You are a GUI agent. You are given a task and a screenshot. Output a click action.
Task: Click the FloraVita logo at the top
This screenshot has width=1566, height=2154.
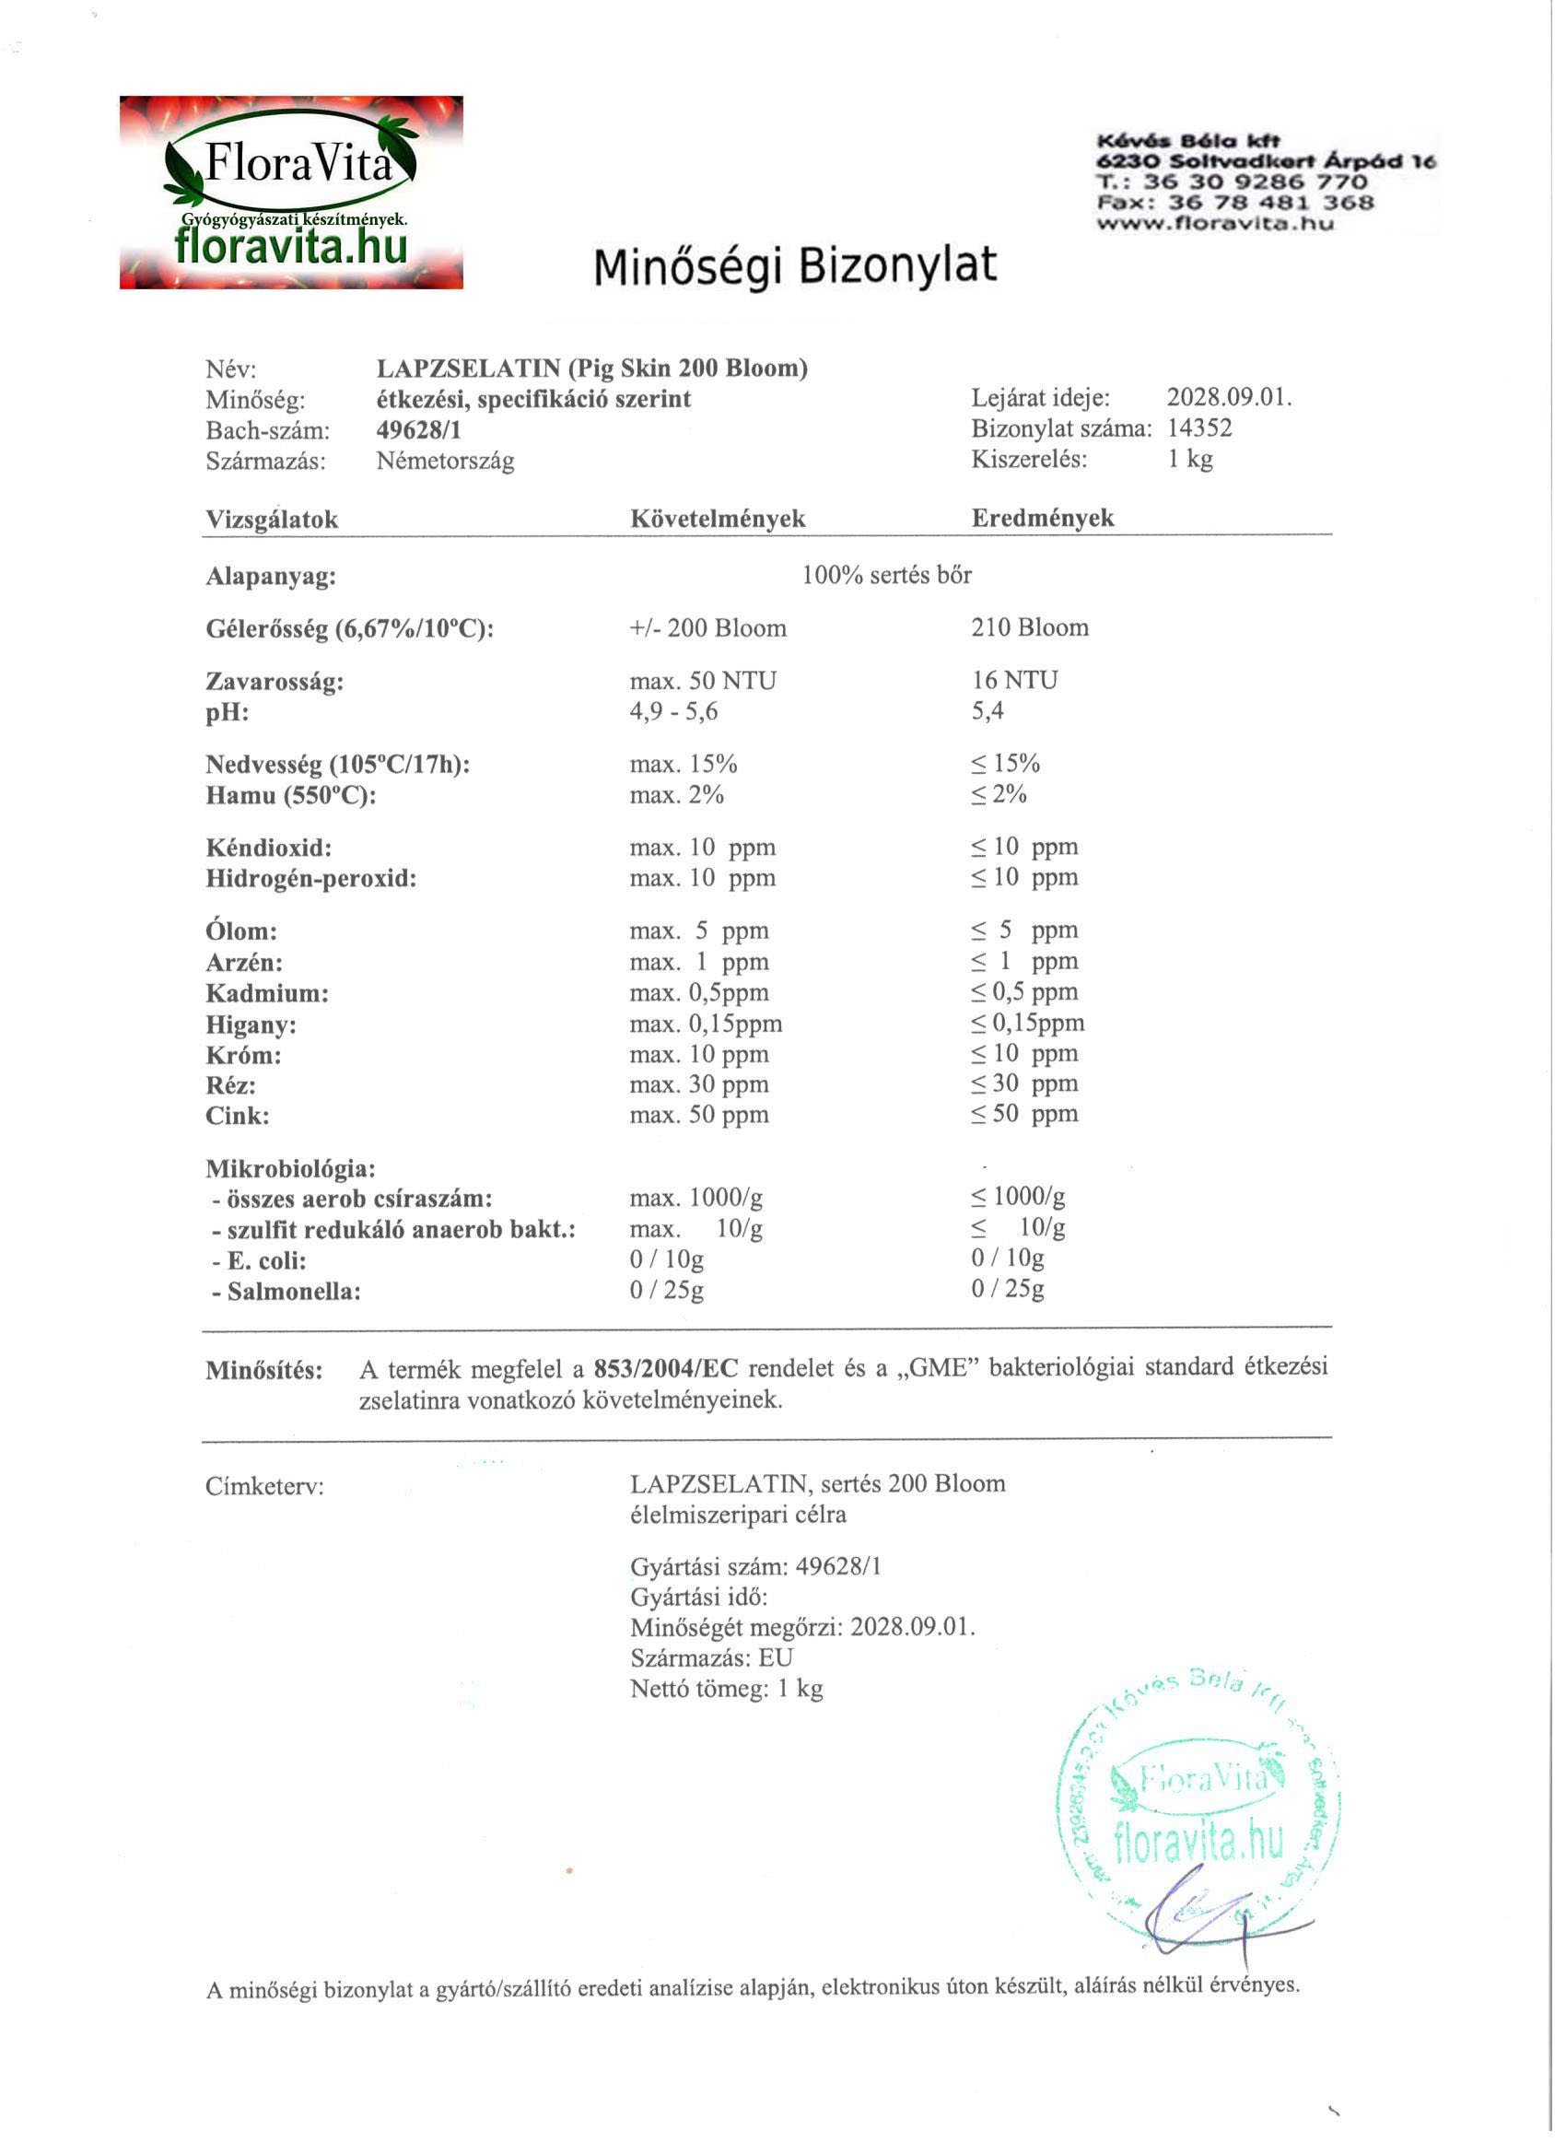(290, 192)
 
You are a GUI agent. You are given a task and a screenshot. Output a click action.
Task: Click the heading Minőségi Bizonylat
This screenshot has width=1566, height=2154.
(795, 266)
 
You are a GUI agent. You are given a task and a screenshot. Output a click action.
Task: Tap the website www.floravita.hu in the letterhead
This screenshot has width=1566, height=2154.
(1215, 224)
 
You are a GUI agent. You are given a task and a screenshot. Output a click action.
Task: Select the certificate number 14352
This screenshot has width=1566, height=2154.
(1199, 428)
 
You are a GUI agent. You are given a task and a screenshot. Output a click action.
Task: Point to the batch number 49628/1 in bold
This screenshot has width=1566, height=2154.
(419, 430)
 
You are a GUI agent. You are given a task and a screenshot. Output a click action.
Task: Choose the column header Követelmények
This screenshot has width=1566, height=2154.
(717, 519)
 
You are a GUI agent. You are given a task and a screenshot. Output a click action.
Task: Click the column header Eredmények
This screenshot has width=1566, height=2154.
(1042, 518)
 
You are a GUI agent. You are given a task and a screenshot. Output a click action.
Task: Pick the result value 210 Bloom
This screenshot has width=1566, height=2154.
(1030, 627)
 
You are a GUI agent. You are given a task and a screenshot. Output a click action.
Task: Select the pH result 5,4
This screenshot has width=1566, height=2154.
(987, 710)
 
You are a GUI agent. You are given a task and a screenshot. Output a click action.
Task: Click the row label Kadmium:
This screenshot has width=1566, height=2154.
(267, 993)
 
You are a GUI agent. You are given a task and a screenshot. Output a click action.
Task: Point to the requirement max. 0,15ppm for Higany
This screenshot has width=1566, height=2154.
(706, 1024)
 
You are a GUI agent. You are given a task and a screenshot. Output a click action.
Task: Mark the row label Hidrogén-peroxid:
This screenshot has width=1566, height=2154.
(310, 879)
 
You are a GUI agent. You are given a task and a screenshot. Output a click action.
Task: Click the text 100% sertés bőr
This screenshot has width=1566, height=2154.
(886, 576)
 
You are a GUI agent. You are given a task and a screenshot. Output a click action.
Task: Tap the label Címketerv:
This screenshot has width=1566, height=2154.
(264, 1486)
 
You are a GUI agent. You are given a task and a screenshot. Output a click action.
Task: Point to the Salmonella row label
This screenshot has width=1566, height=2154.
(286, 1292)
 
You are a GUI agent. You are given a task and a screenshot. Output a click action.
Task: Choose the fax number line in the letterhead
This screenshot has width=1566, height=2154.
(1234, 203)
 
